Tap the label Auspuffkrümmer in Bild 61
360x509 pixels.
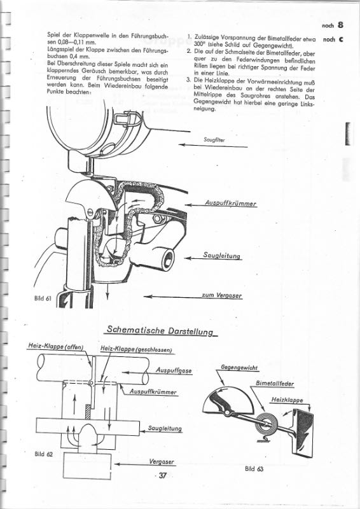coord(230,204)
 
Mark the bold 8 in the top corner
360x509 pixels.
coord(341,25)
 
